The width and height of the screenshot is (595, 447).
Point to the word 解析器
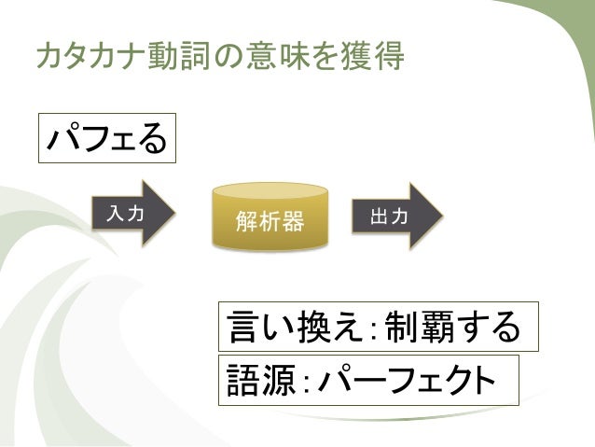point(270,223)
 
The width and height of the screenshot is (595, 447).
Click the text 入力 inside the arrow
point(125,214)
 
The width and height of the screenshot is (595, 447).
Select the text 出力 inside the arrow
point(387,217)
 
